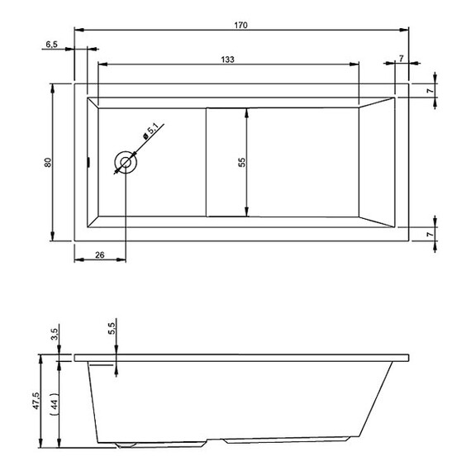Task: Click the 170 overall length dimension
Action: [241, 25]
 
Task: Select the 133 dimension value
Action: [227, 59]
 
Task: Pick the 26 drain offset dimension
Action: [99, 255]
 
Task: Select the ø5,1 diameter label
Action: [151, 132]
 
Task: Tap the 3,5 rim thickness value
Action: [55, 334]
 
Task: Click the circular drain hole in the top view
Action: [126, 163]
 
